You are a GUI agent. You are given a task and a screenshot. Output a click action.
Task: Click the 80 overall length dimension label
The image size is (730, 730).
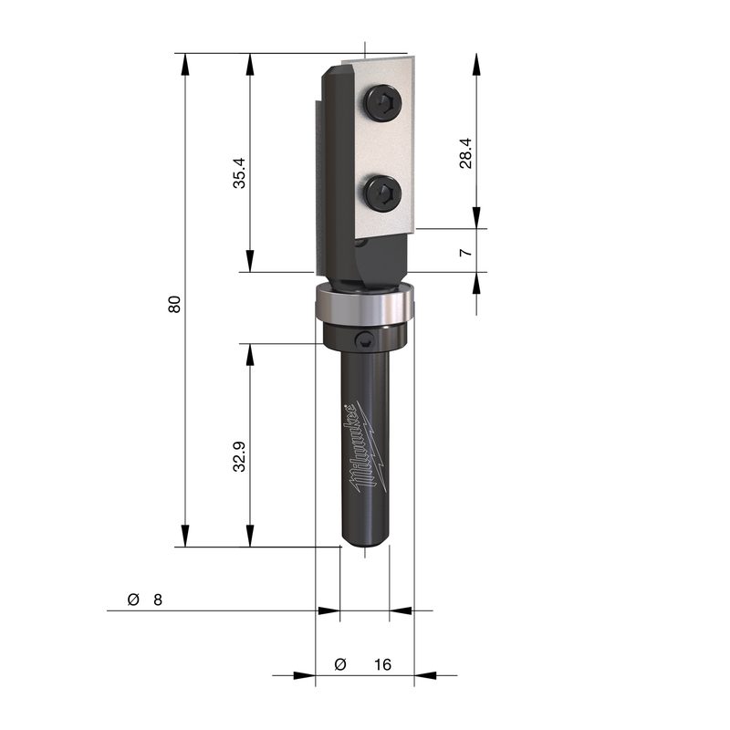pyautogui.click(x=174, y=304)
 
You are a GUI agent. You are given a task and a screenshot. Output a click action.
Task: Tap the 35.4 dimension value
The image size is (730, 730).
pyautogui.click(x=239, y=172)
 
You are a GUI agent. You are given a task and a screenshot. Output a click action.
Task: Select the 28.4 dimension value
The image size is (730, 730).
pyautogui.click(x=465, y=153)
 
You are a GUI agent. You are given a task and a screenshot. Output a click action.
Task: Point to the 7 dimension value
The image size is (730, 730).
pyautogui.click(x=465, y=253)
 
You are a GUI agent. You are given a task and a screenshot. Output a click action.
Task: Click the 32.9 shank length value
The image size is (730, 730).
pyautogui.click(x=239, y=456)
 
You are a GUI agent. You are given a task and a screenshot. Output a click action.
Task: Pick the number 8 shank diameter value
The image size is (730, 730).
pyautogui.click(x=158, y=600)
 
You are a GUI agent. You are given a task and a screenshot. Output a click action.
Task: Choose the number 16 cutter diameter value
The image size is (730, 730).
pyautogui.click(x=382, y=664)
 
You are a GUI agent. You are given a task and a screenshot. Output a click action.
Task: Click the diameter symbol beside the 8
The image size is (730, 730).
pyautogui.click(x=133, y=600)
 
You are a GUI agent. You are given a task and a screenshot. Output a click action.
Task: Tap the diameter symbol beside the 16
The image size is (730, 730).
pyautogui.click(x=340, y=664)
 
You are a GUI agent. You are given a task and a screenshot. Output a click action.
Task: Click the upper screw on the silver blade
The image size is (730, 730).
pyautogui.click(x=383, y=103)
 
